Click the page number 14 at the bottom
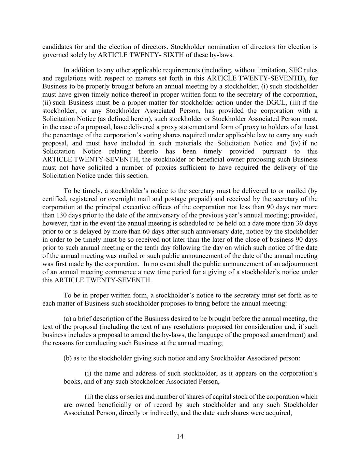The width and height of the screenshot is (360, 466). tap(180, 436)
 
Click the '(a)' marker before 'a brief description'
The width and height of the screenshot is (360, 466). tap(67, 319)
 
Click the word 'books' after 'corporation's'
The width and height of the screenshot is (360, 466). tap(72, 381)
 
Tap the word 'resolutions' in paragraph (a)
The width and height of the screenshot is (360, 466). tap(209, 327)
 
